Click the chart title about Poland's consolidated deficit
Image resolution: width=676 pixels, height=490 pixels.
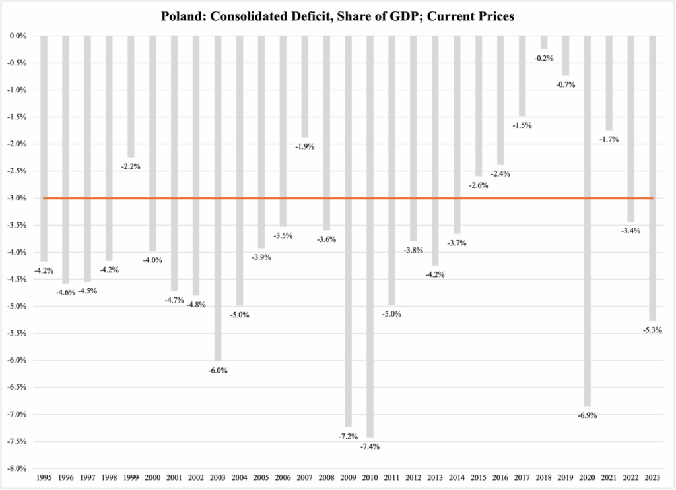(337, 16)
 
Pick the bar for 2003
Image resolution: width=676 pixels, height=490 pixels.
(218, 198)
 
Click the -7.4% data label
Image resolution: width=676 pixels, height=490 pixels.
(370, 447)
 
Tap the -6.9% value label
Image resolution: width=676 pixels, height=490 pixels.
(588, 415)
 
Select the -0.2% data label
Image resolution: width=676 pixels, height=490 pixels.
(544, 58)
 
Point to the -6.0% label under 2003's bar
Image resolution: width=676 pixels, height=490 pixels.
(218, 370)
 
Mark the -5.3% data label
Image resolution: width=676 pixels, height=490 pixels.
(653, 330)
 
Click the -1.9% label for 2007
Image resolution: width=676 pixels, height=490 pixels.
(305, 146)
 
